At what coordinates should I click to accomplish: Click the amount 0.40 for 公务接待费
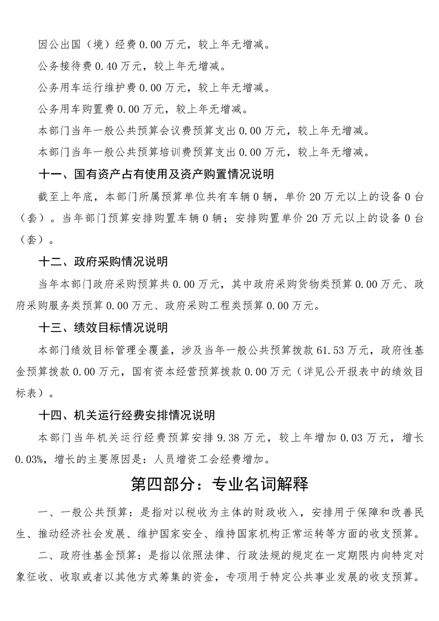pyautogui.click(x=107, y=66)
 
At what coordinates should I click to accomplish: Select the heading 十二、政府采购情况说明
pyautogui.click(x=103, y=261)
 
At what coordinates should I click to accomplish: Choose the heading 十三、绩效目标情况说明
pyautogui.click(x=103, y=328)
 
